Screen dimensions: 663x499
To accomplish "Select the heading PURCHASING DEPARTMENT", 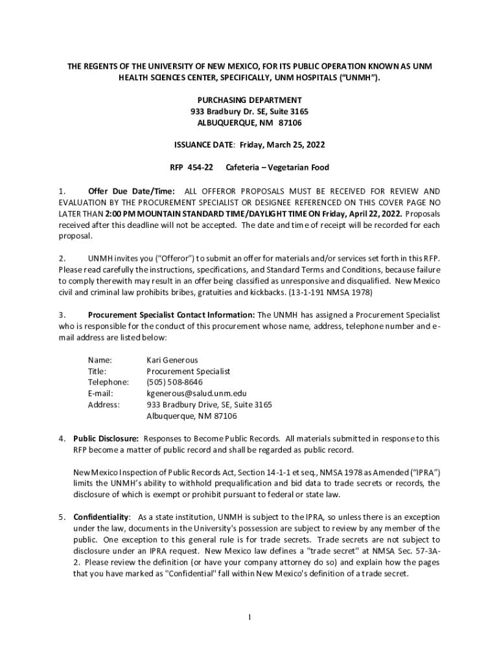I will coord(250,100).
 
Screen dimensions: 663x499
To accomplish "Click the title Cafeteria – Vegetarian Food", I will coord(277,167).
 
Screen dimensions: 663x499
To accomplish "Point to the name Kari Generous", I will coord(172,359).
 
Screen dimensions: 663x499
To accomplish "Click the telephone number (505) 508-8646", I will coord(174,382).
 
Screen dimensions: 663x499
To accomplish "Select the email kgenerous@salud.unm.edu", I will coord(196,393).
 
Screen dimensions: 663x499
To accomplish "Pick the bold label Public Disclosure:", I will coord(106,438).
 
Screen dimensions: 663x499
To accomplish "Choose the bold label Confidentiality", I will coord(101,517).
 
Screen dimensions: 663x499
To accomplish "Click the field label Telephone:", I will coord(108,382).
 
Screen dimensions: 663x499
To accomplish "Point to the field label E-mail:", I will coord(100,393).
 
